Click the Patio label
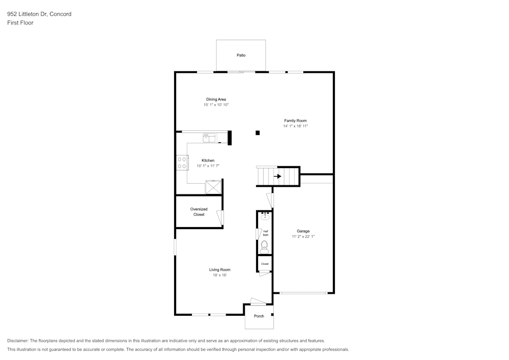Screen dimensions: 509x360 241,55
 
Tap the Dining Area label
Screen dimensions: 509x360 216,99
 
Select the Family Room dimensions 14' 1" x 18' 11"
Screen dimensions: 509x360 295,126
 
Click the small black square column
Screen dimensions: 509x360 258,133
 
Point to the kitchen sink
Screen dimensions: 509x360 209,138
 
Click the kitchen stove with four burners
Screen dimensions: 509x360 182,162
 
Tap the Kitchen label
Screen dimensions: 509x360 208,160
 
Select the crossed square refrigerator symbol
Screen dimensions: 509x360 213,187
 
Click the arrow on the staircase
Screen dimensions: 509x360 277,176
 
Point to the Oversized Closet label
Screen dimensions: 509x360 199,212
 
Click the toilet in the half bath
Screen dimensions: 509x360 265,247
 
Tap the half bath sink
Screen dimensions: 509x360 265,216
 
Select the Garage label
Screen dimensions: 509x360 303,231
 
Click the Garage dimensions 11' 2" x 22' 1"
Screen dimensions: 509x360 303,237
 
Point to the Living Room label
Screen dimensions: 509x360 220,270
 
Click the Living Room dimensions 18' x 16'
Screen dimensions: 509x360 220,275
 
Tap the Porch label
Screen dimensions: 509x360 259,316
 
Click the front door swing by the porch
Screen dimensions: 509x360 258,301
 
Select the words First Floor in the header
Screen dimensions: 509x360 20,23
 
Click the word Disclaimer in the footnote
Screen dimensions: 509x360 18,341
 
